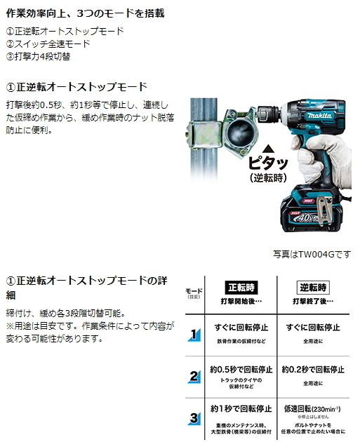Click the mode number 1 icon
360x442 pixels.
click(194, 335)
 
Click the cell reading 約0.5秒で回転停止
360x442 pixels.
click(241, 368)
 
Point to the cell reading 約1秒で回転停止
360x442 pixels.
click(241, 408)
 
